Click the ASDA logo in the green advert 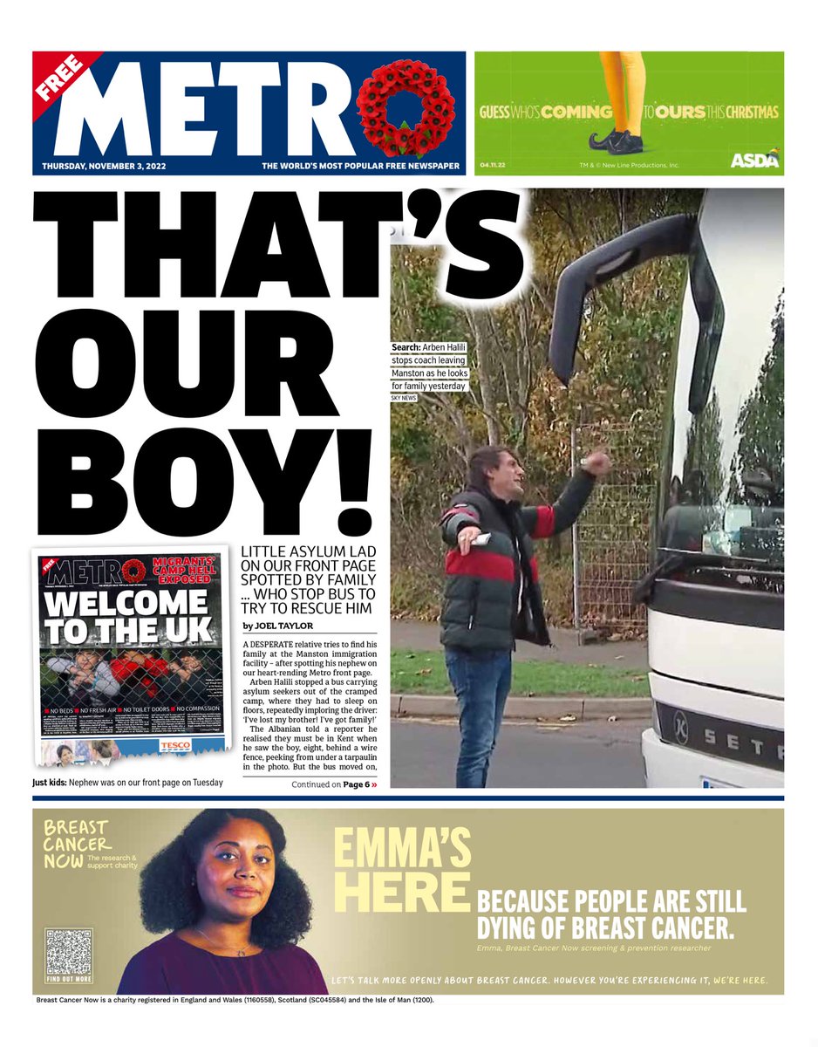coord(754,160)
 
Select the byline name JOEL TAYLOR coord(284,626)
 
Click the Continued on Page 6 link coord(335,784)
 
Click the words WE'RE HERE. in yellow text coord(740,980)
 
